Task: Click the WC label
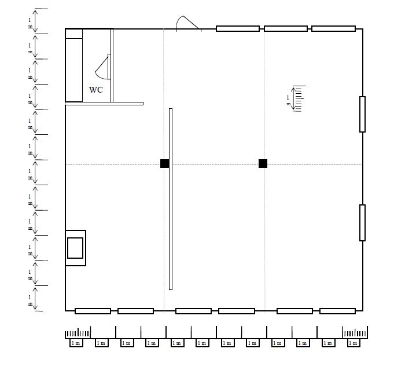96,90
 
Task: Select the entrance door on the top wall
188,24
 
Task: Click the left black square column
165,164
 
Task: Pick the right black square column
263,164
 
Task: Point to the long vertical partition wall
171,199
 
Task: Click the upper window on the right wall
362,114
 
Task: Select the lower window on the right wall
362,222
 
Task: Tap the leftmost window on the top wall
238,28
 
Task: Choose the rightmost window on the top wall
333,28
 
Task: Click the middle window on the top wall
285,28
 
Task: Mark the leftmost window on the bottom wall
93,311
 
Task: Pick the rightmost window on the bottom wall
337,311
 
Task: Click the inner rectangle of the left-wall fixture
75,248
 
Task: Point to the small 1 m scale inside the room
296,98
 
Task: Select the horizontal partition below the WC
104,104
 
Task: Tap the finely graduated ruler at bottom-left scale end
78,333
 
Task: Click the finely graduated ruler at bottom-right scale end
355,333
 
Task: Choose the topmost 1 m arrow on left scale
35,21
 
